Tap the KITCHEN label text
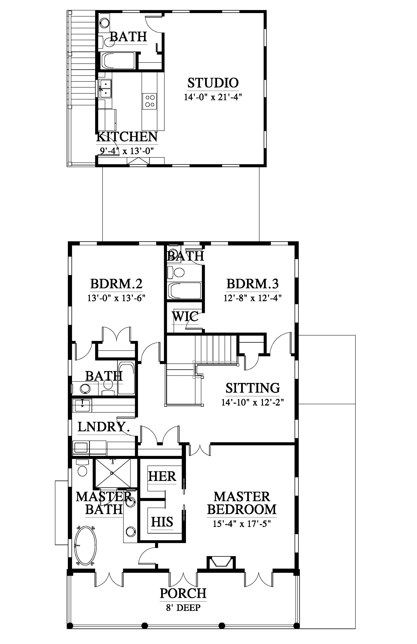pyautogui.click(x=127, y=137)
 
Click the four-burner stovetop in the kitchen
pyautogui.click(x=150, y=101)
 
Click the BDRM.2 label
pyautogui.click(x=116, y=284)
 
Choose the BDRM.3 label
pyautogui.click(x=252, y=284)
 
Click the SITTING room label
pyautogui.click(x=253, y=388)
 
